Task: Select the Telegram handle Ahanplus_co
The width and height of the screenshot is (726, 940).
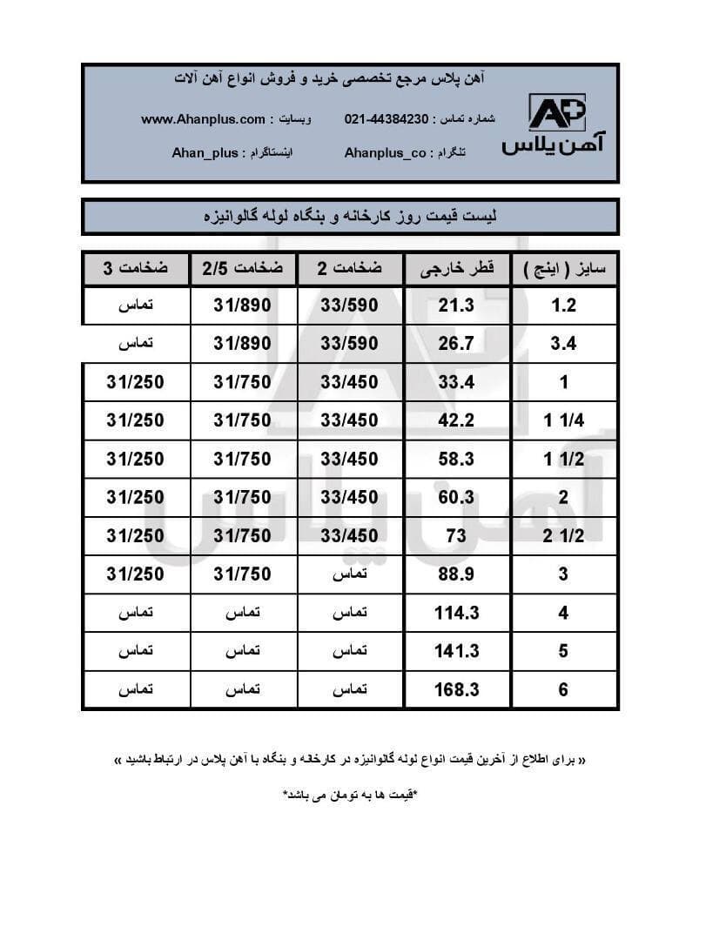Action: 386,152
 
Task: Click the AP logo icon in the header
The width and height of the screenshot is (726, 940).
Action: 557,113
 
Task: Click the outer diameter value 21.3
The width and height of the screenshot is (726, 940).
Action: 456,305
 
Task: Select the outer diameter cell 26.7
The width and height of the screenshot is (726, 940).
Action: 456,344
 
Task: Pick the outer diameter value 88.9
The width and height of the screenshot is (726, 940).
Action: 456,574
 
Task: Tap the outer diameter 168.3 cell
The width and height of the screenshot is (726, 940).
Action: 456,690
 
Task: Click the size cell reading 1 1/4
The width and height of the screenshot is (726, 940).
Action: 563,421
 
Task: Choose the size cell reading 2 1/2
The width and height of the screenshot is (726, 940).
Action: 563,536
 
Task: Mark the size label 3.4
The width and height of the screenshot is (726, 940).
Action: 563,344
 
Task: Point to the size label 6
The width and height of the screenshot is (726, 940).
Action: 563,690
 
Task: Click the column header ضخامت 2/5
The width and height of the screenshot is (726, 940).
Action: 243,269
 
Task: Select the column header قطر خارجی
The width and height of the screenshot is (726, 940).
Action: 457,269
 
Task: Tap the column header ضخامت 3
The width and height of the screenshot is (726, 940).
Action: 136,269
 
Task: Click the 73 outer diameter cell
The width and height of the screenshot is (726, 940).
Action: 456,536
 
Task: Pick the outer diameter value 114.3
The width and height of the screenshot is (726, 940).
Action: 456,613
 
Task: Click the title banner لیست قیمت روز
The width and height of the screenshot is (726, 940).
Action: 350,216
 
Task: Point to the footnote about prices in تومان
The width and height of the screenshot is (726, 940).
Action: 350,795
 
